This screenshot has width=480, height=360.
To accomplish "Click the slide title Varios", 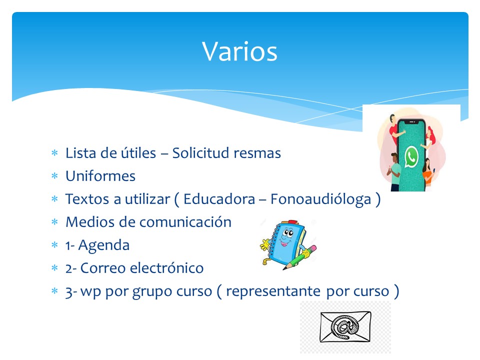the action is [x=239, y=51].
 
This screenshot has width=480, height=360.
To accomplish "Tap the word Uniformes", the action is [x=100, y=176].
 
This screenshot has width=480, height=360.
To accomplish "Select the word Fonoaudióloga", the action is [x=321, y=199].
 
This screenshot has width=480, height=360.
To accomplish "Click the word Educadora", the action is [x=219, y=199].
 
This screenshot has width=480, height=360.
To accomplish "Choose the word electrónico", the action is [x=167, y=268].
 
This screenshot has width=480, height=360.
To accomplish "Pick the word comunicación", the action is [x=185, y=222].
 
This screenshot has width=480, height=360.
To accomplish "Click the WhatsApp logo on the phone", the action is [x=411, y=156].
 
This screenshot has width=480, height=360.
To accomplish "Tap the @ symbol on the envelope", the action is [x=345, y=326].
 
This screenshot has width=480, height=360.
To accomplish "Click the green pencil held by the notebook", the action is [x=299, y=258].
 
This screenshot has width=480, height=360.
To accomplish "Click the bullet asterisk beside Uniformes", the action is [x=54, y=175].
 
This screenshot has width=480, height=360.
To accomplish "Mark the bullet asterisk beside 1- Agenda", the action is [x=54, y=244].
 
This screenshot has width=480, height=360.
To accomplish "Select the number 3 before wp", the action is [x=69, y=292].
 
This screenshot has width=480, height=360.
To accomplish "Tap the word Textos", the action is [x=87, y=199].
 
